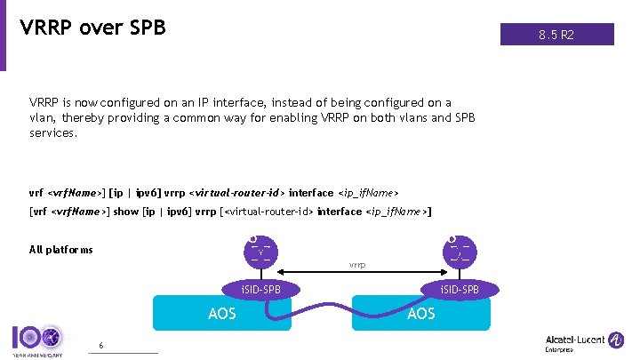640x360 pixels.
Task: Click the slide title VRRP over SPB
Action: [x=92, y=28]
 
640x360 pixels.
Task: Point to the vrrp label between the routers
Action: [x=357, y=265]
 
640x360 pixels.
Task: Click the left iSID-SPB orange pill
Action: [x=260, y=289]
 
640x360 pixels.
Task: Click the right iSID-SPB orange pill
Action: [x=459, y=289]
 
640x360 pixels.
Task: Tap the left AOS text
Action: [x=221, y=313]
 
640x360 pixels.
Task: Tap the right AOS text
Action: [x=420, y=313]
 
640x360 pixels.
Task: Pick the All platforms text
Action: [x=60, y=250]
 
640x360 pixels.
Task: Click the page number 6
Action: [x=100, y=345]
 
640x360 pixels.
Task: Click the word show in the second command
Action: [x=125, y=212]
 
